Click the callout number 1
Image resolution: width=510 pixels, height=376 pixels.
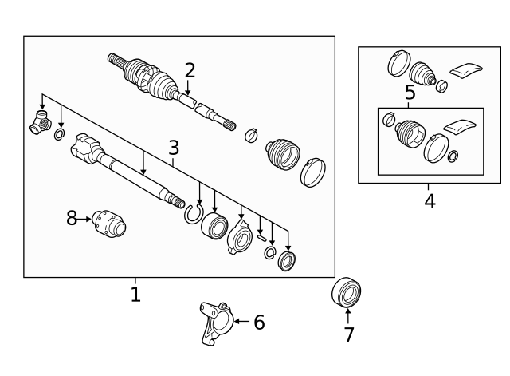click(135, 295)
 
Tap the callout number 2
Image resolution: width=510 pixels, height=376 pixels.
click(190, 71)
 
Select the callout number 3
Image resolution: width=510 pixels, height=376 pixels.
click(174, 148)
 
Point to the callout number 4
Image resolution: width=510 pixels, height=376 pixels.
click(430, 201)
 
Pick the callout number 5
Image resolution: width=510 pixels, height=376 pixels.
click(410, 93)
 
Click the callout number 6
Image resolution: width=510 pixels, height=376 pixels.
click(259, 323)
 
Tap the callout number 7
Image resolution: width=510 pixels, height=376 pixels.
click(349, 334)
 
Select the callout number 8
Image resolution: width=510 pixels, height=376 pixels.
click(72, 218)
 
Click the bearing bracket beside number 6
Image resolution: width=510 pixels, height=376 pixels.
click(216, 323)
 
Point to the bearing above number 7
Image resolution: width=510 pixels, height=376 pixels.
click(346, 292)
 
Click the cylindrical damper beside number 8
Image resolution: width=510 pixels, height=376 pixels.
click(109, 224)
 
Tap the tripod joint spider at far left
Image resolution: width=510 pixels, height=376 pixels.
click(41, 122)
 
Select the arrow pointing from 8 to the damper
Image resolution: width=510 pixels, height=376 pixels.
click(84, 219)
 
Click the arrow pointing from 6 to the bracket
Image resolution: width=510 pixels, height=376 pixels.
click(241, 321)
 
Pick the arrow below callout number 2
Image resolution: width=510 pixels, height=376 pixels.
click(187, 87)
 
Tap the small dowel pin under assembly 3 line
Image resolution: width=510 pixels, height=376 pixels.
click(261, 238)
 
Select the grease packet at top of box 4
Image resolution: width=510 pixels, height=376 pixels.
click(465, 70)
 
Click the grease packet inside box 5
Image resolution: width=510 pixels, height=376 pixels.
click(460, 126)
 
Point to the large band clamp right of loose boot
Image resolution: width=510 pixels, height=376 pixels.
click(313, 172)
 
